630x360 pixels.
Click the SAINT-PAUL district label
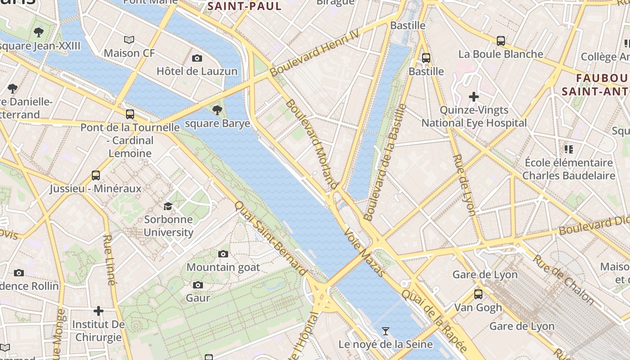click(244, 6)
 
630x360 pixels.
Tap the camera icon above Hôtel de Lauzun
click(197, 58)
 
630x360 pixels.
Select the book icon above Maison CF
click(129, 40)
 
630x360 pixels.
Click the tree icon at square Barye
click(217, 110)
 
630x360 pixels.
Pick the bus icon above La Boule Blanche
click(500, 41)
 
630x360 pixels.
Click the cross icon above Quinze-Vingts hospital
click(473, 97)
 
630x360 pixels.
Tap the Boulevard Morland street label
click(312, 144)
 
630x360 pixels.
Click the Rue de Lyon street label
click(464, 185)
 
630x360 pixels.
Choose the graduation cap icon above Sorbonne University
click(168, 207)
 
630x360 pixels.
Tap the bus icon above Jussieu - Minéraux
click(95, 175)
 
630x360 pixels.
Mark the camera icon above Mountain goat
click(223, 254)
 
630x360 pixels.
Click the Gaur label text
click(198, 298)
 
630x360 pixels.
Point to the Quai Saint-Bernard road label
click(270, 238)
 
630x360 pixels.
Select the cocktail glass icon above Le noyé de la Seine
click(385, 331)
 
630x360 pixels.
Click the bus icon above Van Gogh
click(478, 294)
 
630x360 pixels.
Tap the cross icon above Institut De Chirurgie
click(99, 311)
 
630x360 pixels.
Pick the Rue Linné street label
click(109, 260)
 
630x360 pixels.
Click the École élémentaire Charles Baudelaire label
click(568, 169)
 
